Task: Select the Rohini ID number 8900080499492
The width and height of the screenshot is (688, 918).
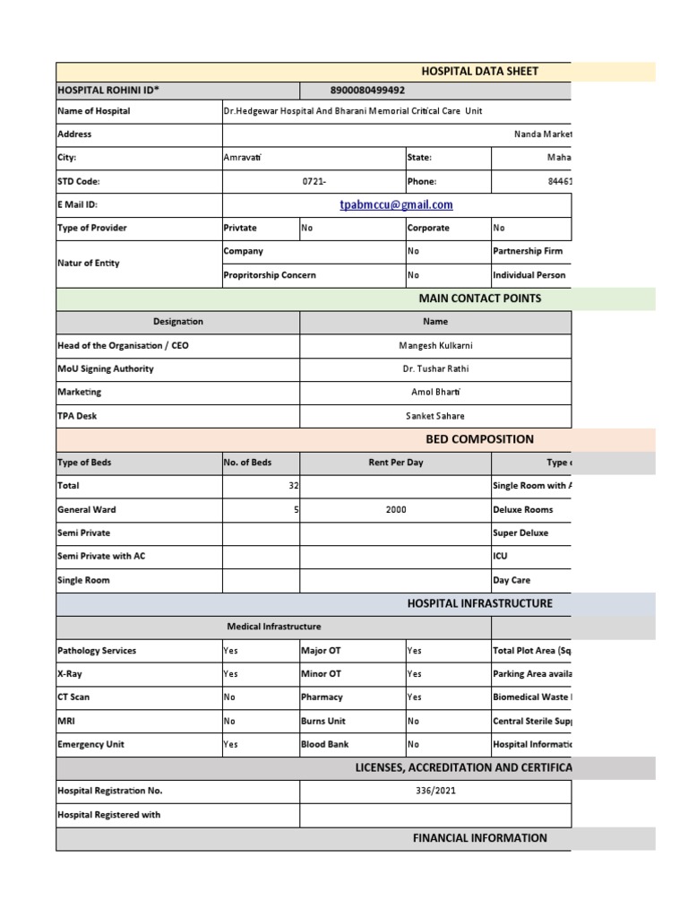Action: point(367,91)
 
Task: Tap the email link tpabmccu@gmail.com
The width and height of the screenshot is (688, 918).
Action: point(396,205)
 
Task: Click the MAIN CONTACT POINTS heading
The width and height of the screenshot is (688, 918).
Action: point(479,299)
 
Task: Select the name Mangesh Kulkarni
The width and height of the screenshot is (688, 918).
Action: point(435,345)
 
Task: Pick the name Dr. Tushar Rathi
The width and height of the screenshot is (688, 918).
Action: point(435,368)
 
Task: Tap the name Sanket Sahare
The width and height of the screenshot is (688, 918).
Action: point(435,416)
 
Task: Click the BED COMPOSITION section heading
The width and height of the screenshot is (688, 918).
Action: point(479,439)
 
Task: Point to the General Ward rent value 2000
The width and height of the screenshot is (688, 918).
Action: point(395,509)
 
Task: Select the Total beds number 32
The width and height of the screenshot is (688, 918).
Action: point(292,486)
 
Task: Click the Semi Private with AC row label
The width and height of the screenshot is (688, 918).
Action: point(101,556)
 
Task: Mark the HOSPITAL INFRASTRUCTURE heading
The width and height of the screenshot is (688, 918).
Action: point(479,603)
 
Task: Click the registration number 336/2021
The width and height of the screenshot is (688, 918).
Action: point(435,792)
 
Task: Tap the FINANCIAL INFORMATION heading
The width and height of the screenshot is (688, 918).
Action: point(479,838)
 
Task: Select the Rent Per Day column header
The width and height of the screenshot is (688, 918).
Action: point(395,463)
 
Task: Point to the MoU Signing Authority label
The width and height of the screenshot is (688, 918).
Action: point(106,368)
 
